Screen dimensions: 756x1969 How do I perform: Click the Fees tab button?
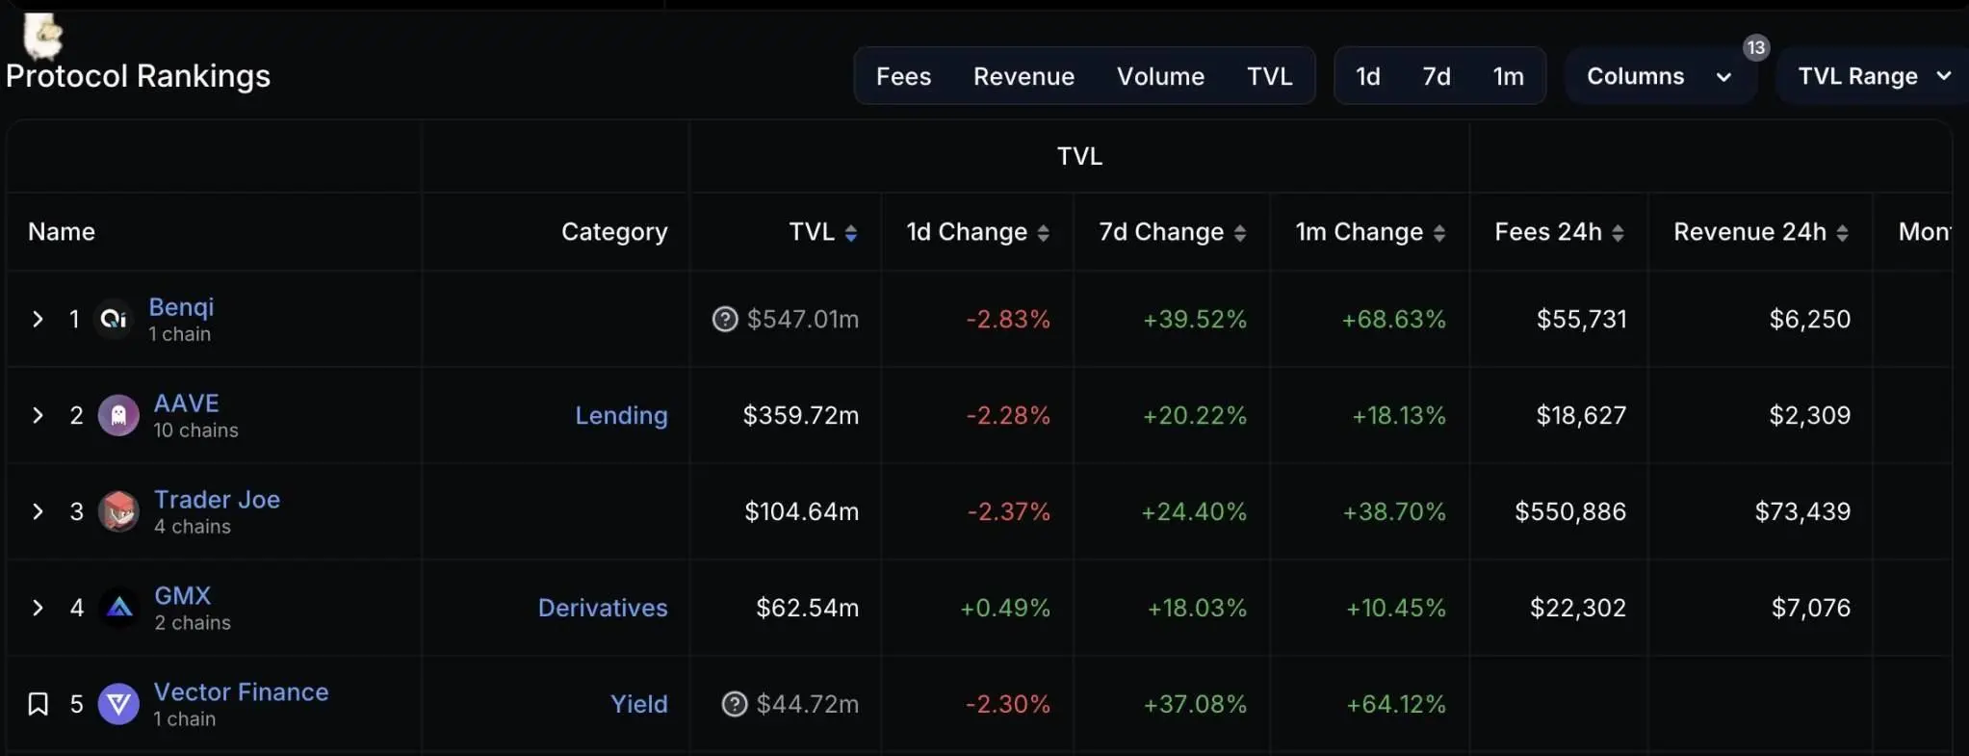click(903, 76)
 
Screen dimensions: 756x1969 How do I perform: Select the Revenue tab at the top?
click(1023, 76)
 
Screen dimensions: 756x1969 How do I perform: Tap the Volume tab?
click(1160, 76)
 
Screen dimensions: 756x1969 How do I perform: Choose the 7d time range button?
click(1437, 76)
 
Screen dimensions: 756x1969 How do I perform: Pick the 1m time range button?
click(1508, 76)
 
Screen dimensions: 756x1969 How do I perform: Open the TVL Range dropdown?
click(1873, 76)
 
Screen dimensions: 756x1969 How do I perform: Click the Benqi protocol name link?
click(181, 307)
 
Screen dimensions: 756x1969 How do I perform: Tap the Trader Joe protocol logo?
click(119, 511)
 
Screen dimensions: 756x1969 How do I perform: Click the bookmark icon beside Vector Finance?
click(38, 704)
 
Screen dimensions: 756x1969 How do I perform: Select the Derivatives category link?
click(603, 608)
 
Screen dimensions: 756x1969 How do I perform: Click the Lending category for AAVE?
click(621, 415)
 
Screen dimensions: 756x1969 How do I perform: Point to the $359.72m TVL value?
click(800, 415)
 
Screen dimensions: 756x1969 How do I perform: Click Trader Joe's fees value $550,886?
click(1570, 511)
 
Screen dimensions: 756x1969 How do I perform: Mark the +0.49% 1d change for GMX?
click(1004, 608)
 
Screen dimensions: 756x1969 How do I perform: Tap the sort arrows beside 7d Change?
click(1240, 233)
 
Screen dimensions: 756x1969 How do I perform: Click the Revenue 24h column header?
click(1749, 232)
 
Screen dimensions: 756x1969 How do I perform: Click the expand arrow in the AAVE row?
click(38, 415)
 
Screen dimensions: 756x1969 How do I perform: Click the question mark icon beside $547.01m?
click(725, 319)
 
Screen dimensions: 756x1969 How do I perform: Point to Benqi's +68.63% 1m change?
click(1393, 319)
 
